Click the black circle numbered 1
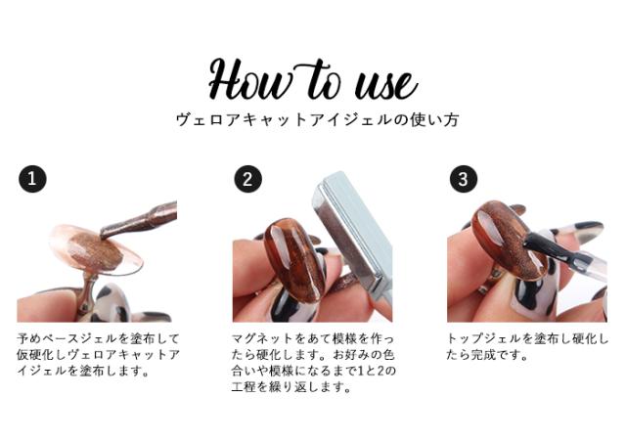pyautogui.click(x=32, y=179)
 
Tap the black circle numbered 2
pyautogui.click(x=247, y=179)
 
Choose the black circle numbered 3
pyautogui.click(x=463, y=179)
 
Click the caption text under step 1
pyautogui.click(x=98, y=354)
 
